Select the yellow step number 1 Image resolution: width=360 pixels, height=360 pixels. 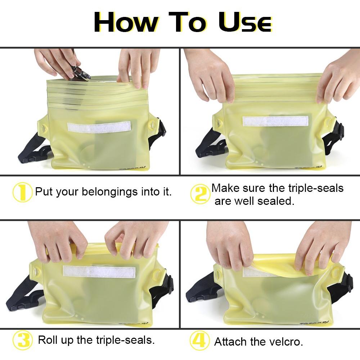[22, 192]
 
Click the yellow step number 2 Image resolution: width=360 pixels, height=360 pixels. [200, 194]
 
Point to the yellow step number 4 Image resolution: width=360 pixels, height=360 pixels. [200, 340]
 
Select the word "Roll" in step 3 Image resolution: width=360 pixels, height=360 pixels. [48, 340]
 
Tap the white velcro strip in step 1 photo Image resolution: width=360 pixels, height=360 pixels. [99, 127]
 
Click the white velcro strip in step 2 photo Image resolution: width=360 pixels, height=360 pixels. [275, 121]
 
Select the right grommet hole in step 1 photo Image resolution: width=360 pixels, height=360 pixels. [150, 125]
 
